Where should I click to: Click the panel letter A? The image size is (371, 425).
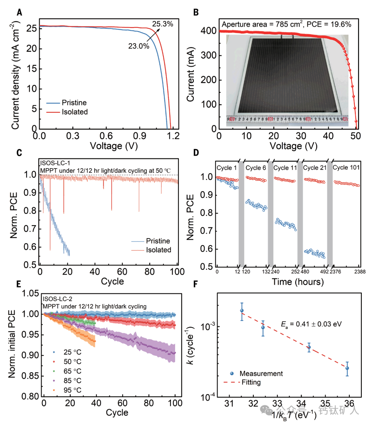19,12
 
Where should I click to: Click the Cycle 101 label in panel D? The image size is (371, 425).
346,167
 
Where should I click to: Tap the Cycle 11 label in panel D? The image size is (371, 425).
286,167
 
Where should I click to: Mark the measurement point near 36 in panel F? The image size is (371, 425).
347,368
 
